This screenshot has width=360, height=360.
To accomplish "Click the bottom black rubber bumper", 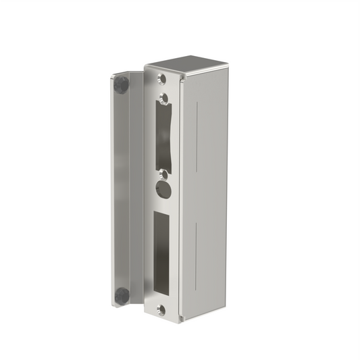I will (x=122, y=295).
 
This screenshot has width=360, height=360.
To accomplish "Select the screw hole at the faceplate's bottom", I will (x=161, y=310).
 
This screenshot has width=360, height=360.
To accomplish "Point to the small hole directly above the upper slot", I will (x=163, y=98).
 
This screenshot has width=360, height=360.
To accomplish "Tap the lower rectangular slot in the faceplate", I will (x=162, y=254).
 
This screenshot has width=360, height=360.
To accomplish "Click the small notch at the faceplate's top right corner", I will (x=180, y=78).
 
